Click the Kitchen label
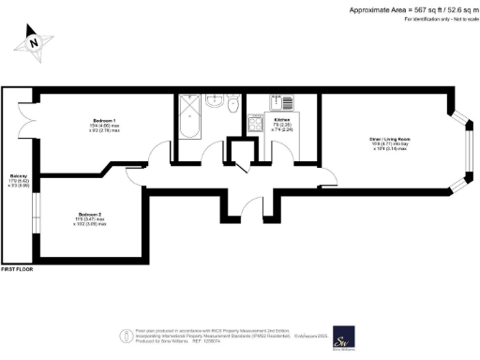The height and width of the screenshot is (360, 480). point(281,121)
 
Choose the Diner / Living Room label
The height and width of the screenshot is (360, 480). point(389,139)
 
